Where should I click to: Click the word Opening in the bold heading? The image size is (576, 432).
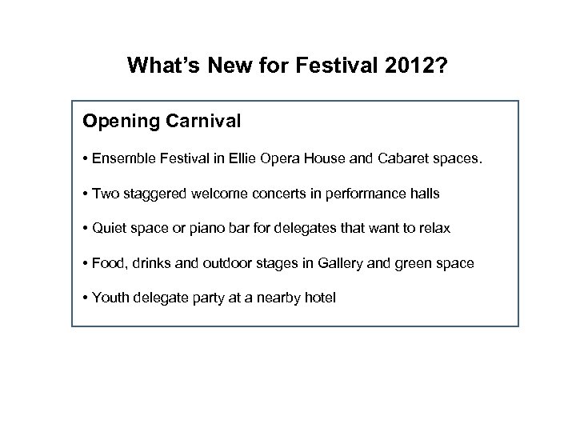pyautogui.click(x=116, y=122)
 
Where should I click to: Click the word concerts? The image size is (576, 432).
pyautogui.click(x=265, y=194)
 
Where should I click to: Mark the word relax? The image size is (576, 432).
pyautogui.click(x=434, y=228)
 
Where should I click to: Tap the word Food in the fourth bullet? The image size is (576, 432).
pyautogui.click(x=106, y=263)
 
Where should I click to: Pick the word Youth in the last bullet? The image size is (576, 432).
pyautogui.click(x=109, y=298)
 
